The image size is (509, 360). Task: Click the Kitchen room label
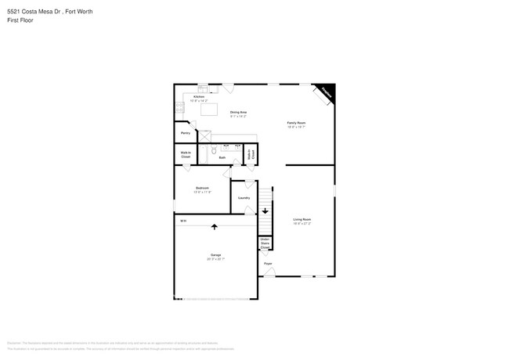[199, 98]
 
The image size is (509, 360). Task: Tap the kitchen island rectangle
[209, 110]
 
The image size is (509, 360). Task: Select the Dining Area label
[239, 113]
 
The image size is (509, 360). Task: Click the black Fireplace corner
[327, 92]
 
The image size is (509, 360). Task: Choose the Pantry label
[186, 133]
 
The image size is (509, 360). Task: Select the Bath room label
[222, 157]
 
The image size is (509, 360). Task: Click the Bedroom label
[202, 189]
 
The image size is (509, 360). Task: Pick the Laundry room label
[244, 197]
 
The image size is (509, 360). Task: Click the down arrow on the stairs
[265, 211]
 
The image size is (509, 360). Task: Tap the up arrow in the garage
[215, 227]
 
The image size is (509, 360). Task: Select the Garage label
[215, 256]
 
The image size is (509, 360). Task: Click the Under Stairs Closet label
[265, 243]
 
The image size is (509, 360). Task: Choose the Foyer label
[268, 264]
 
